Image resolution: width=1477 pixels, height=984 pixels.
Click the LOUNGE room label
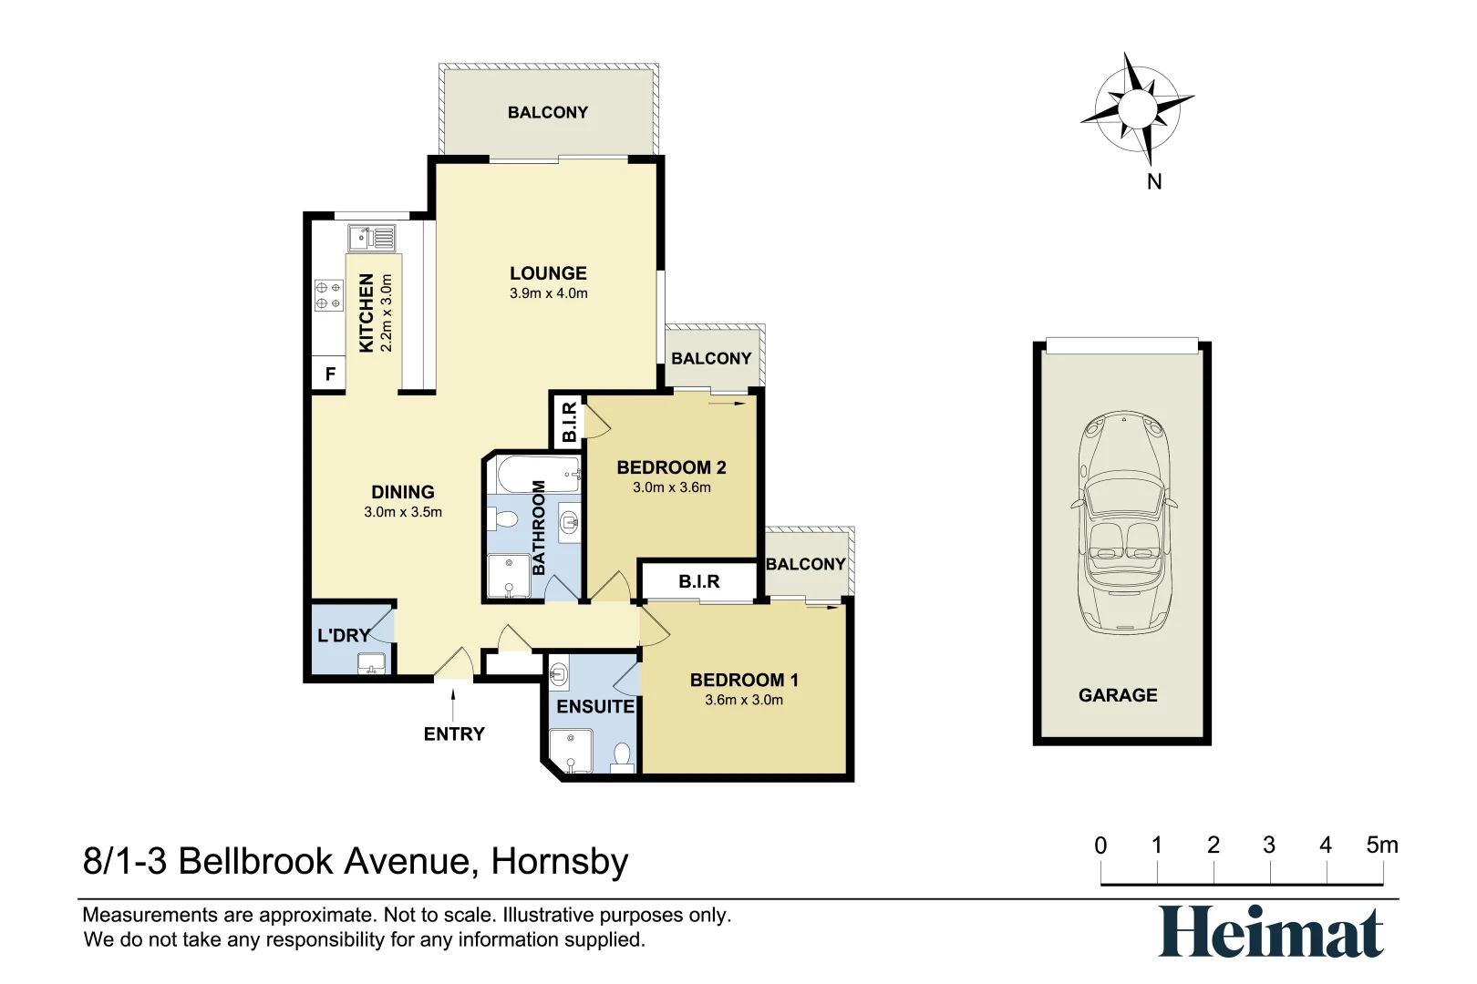548,273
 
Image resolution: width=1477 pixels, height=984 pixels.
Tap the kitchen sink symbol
371,239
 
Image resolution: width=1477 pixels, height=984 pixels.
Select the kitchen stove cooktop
328,295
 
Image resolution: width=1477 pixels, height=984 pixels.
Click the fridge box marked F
330,374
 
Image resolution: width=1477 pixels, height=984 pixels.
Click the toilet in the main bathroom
502,519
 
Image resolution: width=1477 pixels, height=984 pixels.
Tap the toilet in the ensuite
622,756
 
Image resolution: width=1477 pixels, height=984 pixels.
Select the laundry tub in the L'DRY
372,662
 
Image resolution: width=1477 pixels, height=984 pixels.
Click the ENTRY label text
454,734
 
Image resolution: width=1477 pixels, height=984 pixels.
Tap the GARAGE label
1118,695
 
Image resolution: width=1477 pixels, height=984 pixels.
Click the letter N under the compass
1154,182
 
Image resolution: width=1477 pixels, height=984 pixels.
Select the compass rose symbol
1137,109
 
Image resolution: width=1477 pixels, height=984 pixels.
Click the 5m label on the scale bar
1381,846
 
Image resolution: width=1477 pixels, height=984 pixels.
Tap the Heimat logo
1271,932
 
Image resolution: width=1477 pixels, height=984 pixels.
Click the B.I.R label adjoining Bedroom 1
699,581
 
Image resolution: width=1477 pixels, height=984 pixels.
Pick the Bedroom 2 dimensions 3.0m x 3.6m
672,487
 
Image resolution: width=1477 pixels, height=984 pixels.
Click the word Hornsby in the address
560,862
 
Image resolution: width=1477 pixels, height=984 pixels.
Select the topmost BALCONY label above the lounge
548,113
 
